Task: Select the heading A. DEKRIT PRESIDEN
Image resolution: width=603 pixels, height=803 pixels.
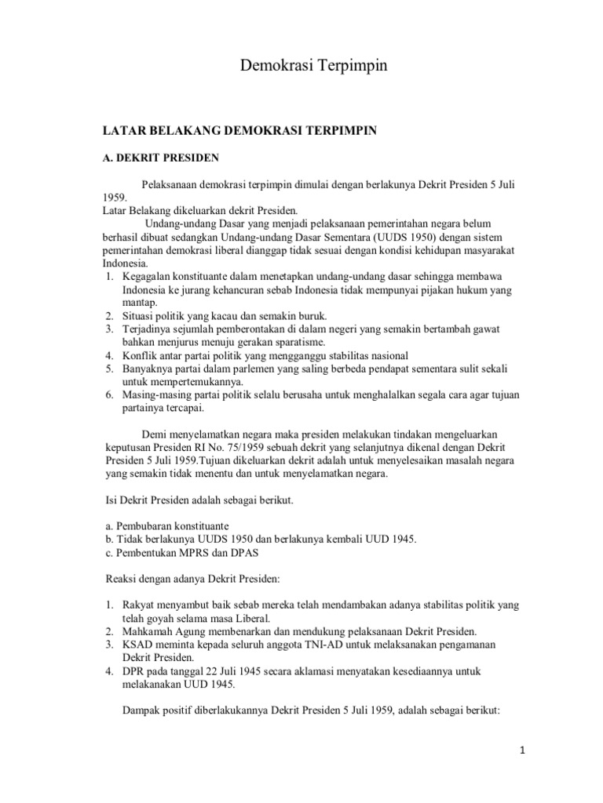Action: coord(162,157)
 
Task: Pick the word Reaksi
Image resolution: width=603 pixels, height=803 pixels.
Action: coord(122,579)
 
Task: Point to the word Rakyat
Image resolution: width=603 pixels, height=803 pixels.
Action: coord(138,605)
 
